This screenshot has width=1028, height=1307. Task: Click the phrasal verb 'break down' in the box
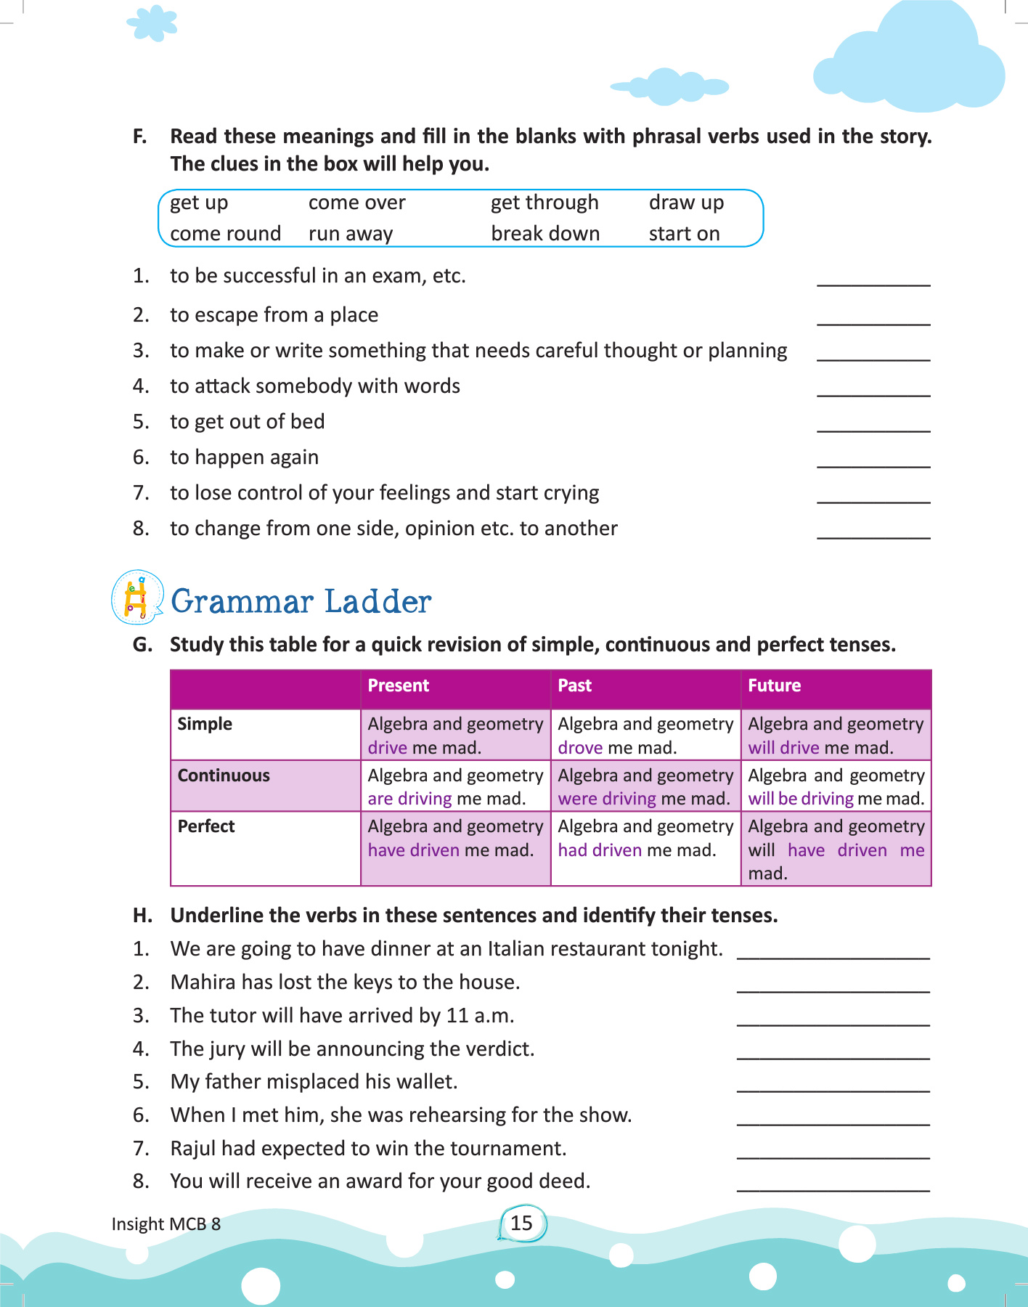click(x=545, y=234)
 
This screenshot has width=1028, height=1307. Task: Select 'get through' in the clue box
click(x=544, y=203)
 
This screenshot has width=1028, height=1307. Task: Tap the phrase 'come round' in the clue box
click(x=225, y=234)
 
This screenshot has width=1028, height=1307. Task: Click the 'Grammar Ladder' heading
click(x=301, y=602)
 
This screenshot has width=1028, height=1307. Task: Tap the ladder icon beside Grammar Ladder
click(x=136, y=598)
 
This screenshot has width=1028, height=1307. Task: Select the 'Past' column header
click(x=575, y=685)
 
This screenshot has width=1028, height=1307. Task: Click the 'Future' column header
click(x=774, y=685)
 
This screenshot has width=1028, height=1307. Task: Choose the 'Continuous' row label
click(x=224, y=775)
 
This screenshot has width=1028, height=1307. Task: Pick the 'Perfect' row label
click(x=206, y=826)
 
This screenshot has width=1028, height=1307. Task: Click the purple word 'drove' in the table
click(x=580, y=748)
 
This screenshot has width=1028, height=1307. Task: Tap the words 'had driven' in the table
click(x=600, y=850)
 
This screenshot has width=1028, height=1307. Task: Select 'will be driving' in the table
click(x=801, y=799)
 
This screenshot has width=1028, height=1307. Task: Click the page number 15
click(x=521, y=1223)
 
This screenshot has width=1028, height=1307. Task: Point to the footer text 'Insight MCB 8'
click(x=166, y=1224)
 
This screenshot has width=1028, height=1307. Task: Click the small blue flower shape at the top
click(x=152, y=23)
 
